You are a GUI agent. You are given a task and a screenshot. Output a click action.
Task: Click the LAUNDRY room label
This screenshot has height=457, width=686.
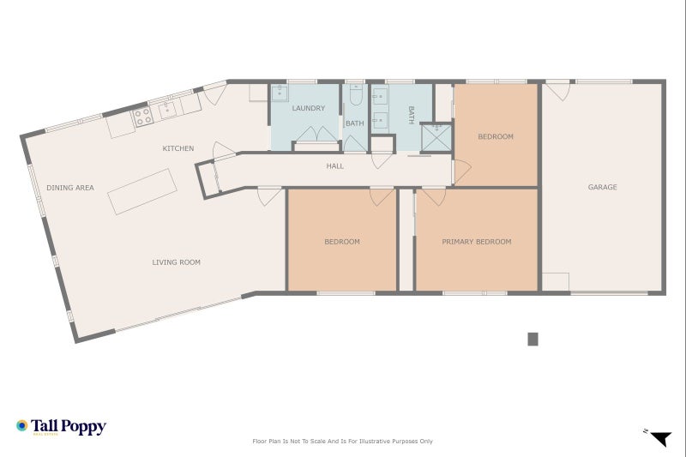coord(307,109)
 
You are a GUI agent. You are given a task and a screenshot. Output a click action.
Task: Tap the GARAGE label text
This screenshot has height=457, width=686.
coord(602,187)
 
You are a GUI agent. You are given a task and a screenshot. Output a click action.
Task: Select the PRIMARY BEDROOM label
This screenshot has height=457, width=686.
coord(476,242)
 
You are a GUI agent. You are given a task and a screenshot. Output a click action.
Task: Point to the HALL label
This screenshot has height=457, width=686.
coord(334,166)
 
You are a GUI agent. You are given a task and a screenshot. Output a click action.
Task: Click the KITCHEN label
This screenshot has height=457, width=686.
coord(178,148)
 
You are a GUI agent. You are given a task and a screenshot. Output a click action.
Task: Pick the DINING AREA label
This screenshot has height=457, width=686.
coord(70,188)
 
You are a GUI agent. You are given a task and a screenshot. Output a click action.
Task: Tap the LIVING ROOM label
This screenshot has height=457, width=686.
coord(177,262)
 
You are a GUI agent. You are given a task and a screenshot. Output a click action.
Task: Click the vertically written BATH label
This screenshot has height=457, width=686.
coord(411,115)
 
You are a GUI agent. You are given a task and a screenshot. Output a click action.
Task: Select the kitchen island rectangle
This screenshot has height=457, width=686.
coord(141,191)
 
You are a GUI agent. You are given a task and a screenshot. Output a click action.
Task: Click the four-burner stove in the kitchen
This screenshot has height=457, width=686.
coord(141,114)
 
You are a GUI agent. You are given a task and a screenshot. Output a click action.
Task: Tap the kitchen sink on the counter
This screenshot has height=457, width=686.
coord(165,109)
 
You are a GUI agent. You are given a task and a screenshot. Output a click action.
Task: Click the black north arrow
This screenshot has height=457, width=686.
coord(659,439)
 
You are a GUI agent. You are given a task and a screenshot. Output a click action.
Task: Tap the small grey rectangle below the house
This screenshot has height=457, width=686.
coord(533,339)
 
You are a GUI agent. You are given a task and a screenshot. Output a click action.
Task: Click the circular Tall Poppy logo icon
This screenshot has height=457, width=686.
coord(22,425)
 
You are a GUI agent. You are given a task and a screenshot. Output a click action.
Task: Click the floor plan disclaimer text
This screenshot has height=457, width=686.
coord(343,442)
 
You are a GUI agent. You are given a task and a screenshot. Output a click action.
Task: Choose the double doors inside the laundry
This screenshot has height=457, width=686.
coord(316,135)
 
